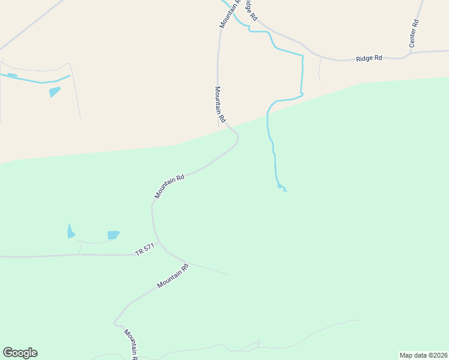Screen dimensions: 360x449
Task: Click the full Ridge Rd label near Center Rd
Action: (x=369, y=58)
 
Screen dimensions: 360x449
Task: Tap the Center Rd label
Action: (x=414, y=34)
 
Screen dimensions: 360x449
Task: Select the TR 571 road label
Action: (x=145, y=250)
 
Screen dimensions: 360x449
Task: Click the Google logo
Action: (x=20, y=353)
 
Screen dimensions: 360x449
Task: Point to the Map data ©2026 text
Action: (x=423, y=355)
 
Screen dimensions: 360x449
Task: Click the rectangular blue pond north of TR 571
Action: (x=113, y=235)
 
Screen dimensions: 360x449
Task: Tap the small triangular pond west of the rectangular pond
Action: (x=71, y=232)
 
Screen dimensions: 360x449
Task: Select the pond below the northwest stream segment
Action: (x=55, y=92)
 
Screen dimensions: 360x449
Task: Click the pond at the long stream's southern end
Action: (x=282, y=188)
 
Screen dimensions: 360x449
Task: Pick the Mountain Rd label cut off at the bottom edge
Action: (x=131, y=344)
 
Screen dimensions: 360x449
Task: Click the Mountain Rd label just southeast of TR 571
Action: (x=173, y=276)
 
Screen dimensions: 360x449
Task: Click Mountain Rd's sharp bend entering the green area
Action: (x=237, y=139)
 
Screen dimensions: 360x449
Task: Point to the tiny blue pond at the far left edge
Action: (x=12, y=75)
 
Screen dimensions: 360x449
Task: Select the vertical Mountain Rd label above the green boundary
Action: (x=220, y=104)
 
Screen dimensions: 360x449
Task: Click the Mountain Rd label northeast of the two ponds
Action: (x=169, y=186)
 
